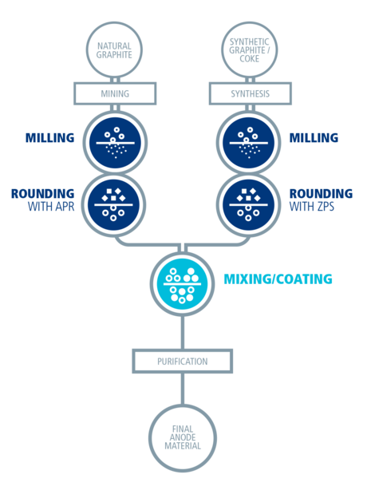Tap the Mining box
pyautogui.click(x=115, y=93)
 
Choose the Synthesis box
pyautogui.click(x=251, y=93)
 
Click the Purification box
pyautogui.click(x=183, y=361)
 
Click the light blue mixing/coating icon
pyautogui.click(x=182, y=284)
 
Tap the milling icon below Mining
pyautogui.click(x=115, y=142)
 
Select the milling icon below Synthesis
pyautogui.click(x=249, y=142)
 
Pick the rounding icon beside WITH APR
pyautogui.click(x=113, y=205)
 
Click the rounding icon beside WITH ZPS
pyautogui.click(x=249, y=205)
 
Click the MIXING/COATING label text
pyautogui.click(x=278, y=279)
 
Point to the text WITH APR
pyautogui.click(x=51, y=207)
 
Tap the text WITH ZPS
pyautogui.click(x=312, y=207)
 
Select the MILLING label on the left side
pyautogui.click(x=49, y=138)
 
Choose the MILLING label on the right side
pyautogui.click(x=314, y=138)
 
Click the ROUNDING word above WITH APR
pyautogui.click(x=43, y=194)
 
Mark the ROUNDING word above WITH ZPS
pyautogui.click(x=321, y=194)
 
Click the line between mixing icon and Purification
pyautogui.click(x=183, y=333)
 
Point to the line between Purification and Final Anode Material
pyautogui.click(x=183, y=389)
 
